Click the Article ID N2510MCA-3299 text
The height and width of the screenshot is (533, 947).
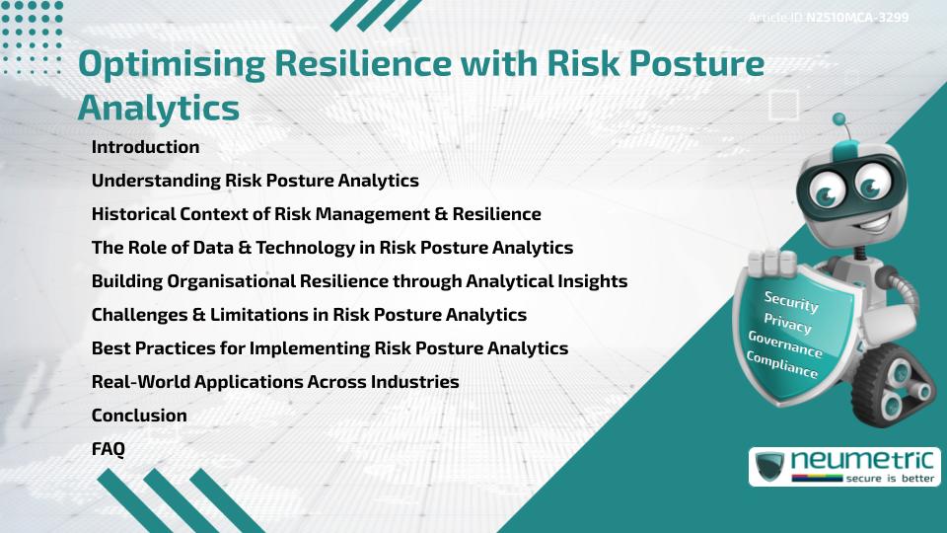(829, 18)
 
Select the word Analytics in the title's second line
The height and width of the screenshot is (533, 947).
(158, 108)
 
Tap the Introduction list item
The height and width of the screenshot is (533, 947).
(145, 147)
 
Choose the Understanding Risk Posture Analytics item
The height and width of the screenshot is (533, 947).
(255, 181)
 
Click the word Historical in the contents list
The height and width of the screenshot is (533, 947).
(133, 214)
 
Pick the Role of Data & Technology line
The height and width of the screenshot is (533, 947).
(331, 248)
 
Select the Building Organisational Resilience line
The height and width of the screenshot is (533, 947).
(359, 281)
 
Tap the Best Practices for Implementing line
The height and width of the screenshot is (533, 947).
(329, 348)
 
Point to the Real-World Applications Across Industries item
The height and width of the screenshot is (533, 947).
(275, 382)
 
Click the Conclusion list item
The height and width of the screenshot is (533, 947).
(139, 416)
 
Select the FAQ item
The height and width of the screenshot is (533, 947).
(109, 449)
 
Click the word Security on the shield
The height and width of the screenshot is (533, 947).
(791, 302)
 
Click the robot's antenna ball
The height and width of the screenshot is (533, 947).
(840, 120)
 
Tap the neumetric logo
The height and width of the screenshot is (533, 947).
(844, 466)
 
